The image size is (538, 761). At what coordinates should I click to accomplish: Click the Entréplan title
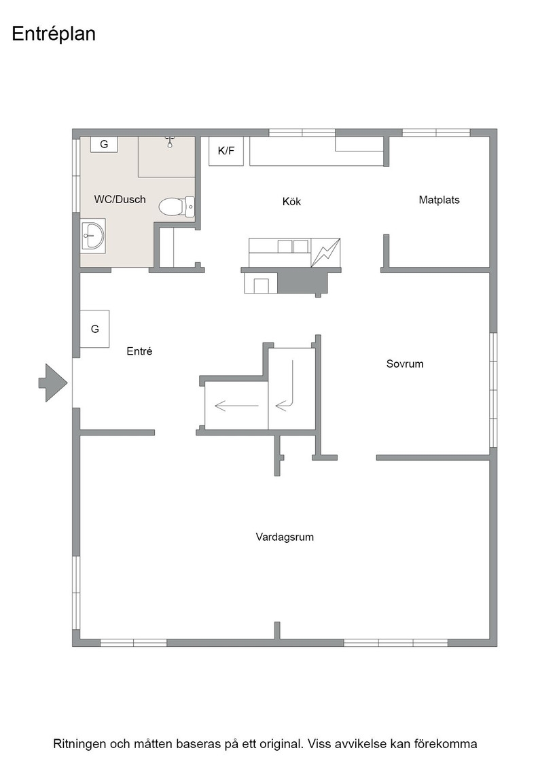(54, 34)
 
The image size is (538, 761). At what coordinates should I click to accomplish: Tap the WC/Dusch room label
(120, 199)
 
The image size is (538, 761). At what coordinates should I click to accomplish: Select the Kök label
(291, 201)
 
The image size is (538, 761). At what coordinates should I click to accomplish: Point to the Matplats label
(439, 200)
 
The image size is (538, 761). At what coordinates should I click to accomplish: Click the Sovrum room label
(405, 364)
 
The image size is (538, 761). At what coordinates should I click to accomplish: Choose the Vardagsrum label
(285, 537)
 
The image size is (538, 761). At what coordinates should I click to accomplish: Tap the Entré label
(139, 351)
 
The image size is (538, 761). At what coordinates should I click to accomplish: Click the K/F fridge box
(226, 151)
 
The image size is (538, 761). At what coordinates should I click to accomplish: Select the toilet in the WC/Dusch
(177, 207)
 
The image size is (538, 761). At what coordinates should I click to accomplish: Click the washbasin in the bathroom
(93, 236)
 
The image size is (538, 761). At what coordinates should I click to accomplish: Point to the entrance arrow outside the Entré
(53, 383)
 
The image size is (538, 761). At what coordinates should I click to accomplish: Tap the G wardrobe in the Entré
(94, 329)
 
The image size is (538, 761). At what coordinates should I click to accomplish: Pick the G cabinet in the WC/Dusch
(104, 144)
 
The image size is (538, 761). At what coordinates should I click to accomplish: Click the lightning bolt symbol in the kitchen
(325, 252)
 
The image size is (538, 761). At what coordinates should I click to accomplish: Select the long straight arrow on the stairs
(236, 405)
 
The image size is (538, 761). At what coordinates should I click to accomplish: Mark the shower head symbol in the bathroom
(169, 142)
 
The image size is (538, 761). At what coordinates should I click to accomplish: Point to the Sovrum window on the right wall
(493, 390)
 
